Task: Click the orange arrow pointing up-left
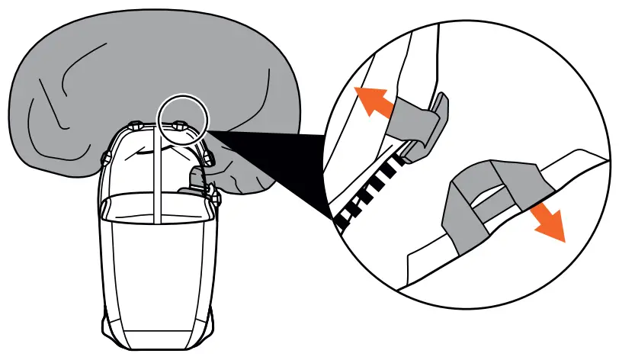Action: click(373, 102)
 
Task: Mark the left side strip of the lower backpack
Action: click(107, 259)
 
